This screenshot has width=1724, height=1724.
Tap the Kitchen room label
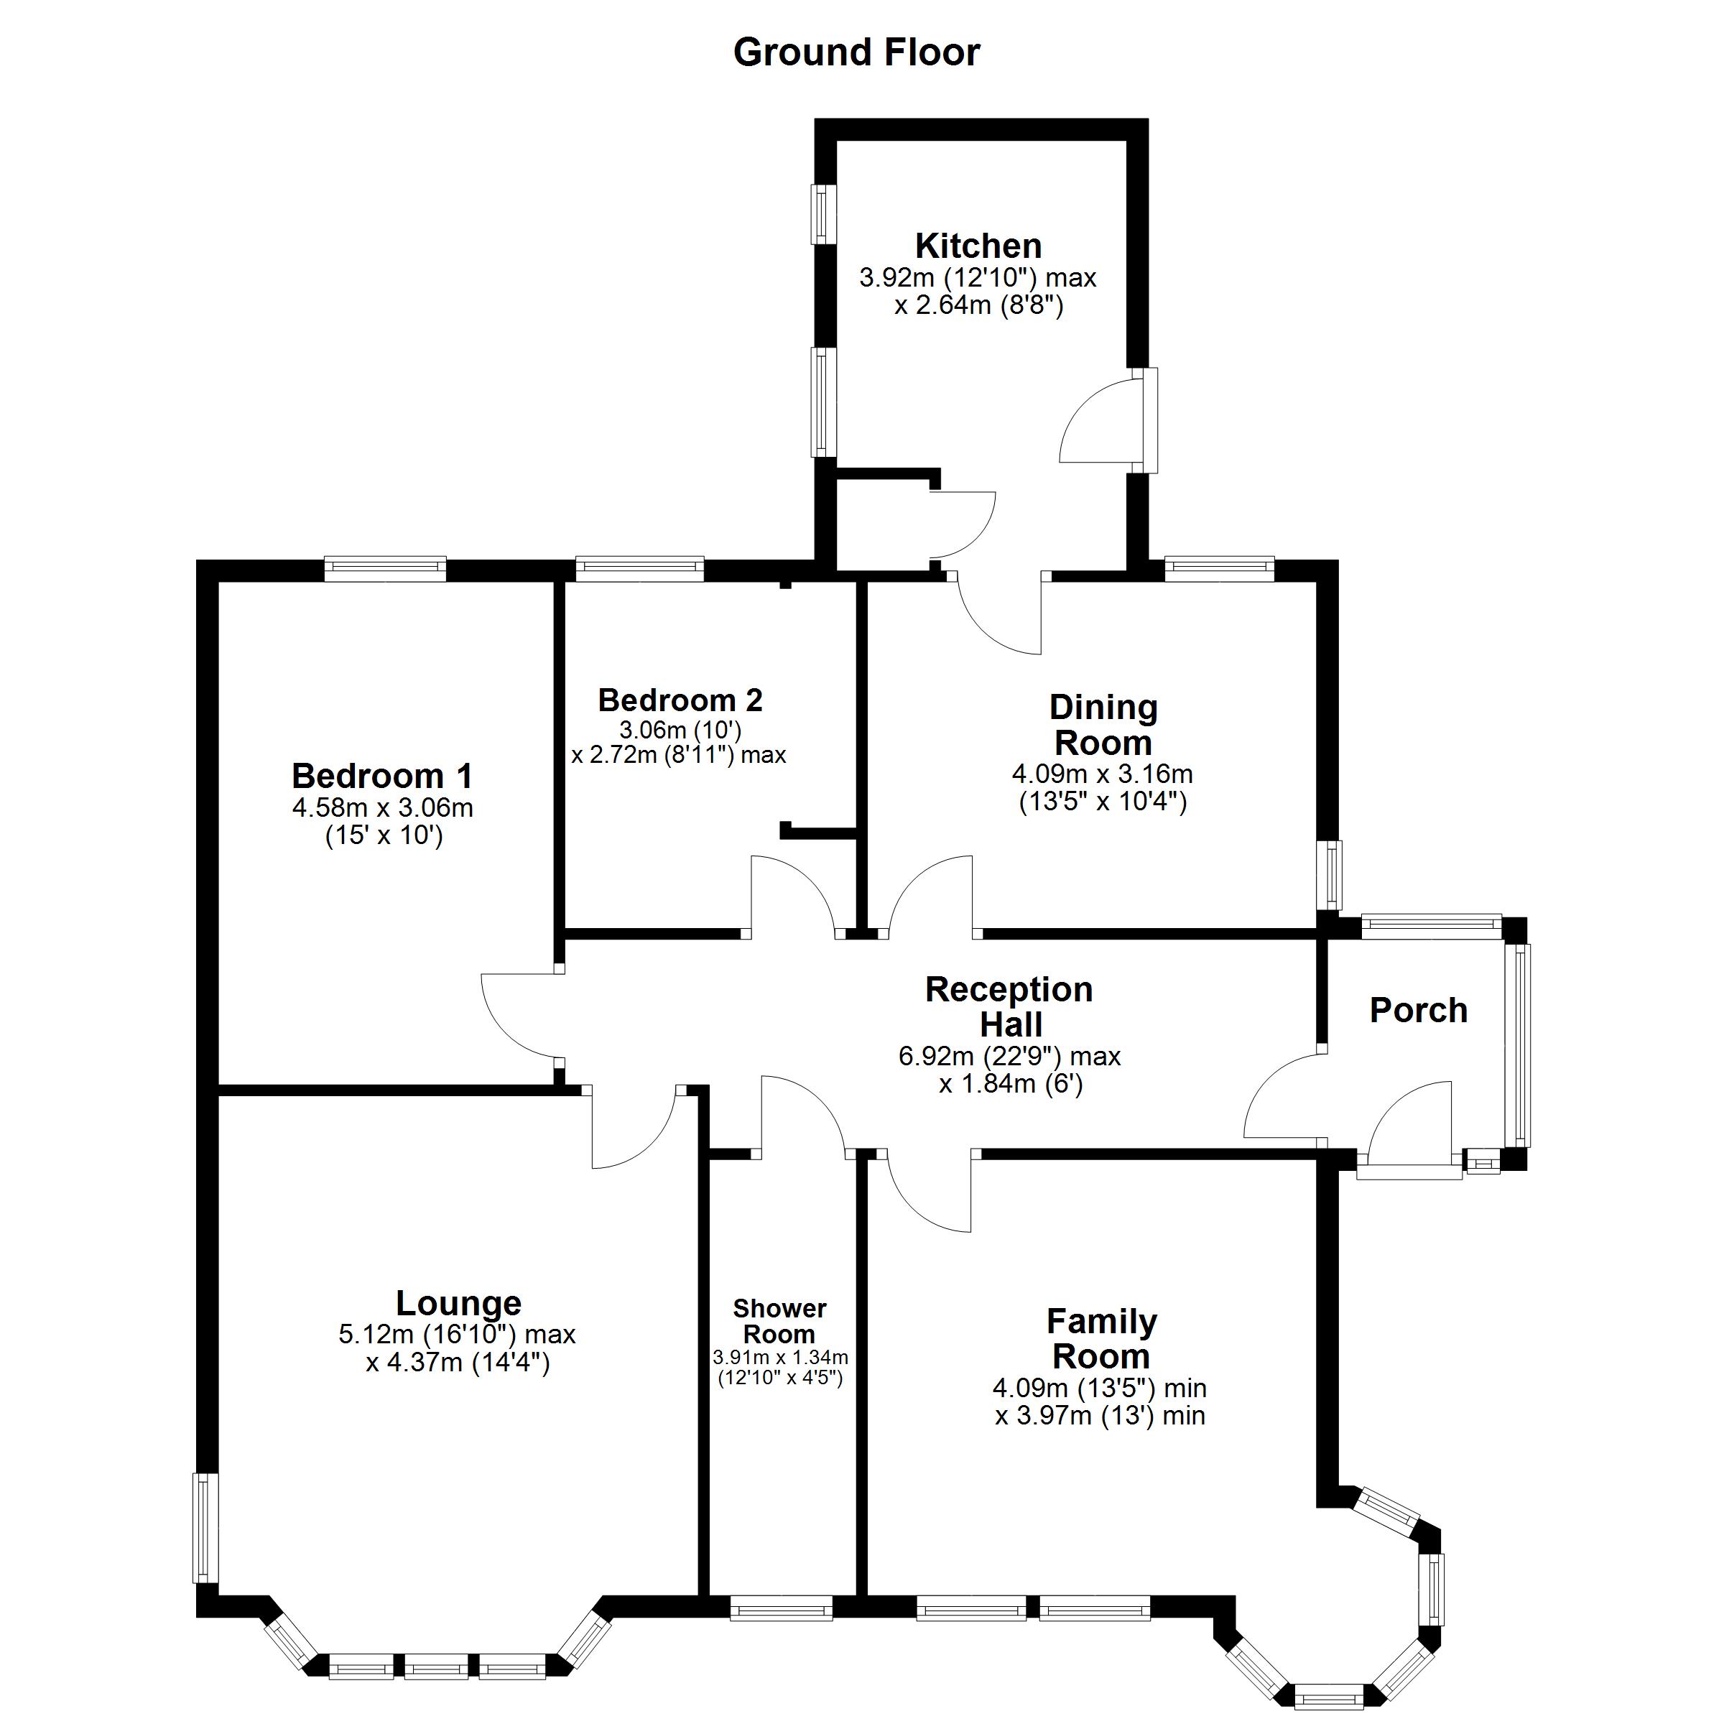[x=978, y=246]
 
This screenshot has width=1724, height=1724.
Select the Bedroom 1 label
[x=382, y=776]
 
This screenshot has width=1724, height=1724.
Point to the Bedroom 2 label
[x=680, y=700]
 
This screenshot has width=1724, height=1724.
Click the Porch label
[x=1418, y=1010]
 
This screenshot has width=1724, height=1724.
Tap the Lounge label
[x=459, y=1304]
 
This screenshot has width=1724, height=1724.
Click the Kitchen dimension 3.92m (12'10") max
[x=978, y=277]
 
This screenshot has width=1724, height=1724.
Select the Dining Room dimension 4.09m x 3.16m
[x=1102, y=774]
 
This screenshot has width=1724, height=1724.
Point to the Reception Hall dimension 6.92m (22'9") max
[x=1009, y=1057]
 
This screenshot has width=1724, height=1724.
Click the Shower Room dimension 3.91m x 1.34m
[x=780, y=1357]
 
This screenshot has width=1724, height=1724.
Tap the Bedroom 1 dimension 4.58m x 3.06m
[x=382, y=807]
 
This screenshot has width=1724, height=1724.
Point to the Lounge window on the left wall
[x=206, y=1528]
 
